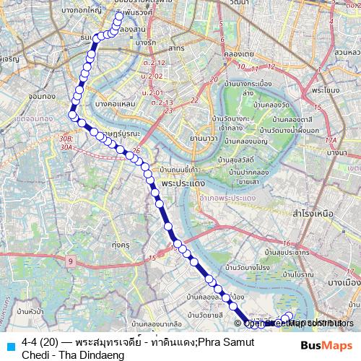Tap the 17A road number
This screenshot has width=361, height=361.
click(331, 141)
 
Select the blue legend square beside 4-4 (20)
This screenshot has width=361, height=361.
click(9, 345)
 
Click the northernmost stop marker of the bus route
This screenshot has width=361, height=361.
click(119, 14)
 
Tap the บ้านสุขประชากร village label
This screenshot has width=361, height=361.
click(282, 253)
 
